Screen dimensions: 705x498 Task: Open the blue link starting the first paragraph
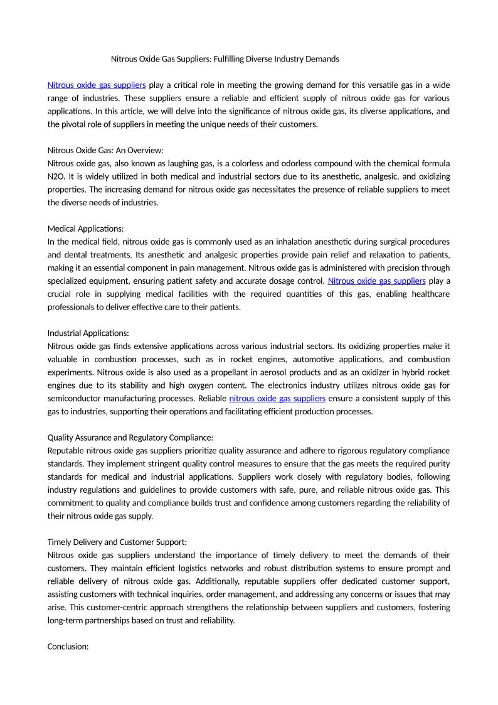[x=97, y=85]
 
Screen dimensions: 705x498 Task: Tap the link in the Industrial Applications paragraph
[x=277, y=398]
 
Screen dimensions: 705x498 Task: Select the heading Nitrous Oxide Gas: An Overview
[x=105, y=150]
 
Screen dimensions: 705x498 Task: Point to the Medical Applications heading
[x=86, y=229]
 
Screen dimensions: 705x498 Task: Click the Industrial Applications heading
[x=88, y=333]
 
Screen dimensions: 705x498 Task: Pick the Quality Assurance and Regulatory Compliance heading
[x=130, y=438]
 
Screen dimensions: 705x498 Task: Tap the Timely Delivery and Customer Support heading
[x=117, y=542]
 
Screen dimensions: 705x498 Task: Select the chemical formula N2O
[x=56, y=176]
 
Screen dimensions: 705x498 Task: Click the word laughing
[x=191, y=163]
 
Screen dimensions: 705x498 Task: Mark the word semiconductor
[x=77, y=399]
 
